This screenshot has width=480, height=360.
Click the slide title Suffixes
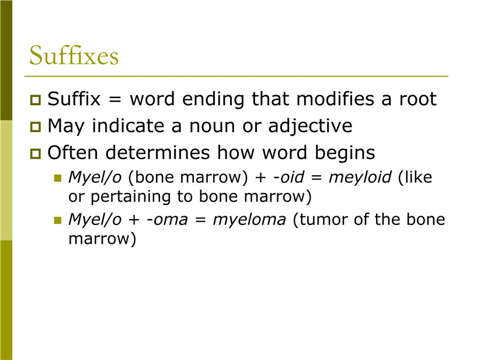74,56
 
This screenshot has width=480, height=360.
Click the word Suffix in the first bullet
74,99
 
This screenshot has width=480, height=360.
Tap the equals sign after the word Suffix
115,100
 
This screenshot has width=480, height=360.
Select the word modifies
336,99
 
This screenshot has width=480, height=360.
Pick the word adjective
310,126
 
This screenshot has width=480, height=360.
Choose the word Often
72,153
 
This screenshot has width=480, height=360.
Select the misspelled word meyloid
360,178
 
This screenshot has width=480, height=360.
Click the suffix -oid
288,178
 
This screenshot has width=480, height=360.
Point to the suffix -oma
167,220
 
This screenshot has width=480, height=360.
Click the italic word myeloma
249,220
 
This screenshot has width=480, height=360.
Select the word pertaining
131,197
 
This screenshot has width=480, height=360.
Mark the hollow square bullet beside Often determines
36,154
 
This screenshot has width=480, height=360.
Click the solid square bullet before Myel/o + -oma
58,220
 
